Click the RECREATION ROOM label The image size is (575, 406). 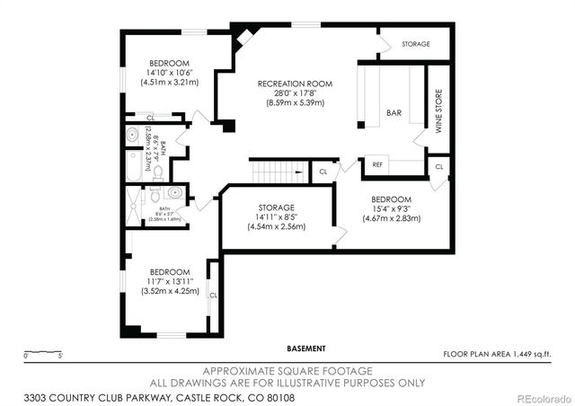[295, 84]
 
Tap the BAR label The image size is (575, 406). [394, 113]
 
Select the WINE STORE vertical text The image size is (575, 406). [439, 111]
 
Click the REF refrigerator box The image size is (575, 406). [376, 164]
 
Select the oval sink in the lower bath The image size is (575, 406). [174, 192]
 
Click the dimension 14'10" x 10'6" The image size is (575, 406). [169, 73]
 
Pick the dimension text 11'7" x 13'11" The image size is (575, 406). [169, 281]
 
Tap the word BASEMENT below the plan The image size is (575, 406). [306, 349]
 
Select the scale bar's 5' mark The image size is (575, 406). [60, 357]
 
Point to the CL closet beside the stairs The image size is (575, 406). [323, 171]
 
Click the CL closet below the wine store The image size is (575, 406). [438, 166]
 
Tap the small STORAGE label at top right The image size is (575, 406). [416, 44]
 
